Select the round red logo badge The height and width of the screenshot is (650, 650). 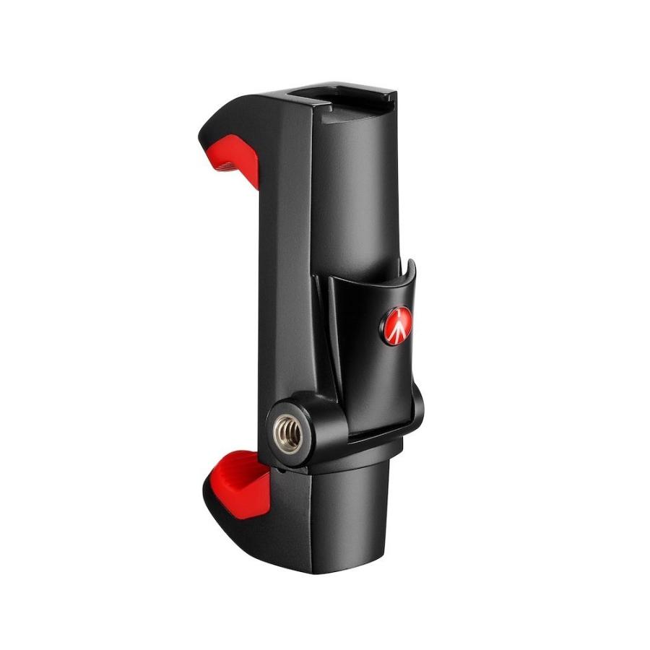pyautogui.click(x=396, y=325)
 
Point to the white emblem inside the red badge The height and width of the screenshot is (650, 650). pyautogui.click(x=396, y=326)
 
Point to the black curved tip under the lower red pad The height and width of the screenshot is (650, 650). pyautogui.click(x=217, y=509)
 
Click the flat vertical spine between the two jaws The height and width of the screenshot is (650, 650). pyautogui.click(x=285, y=289)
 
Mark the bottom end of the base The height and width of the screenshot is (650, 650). pyautogui.click(x=339, y=567)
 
